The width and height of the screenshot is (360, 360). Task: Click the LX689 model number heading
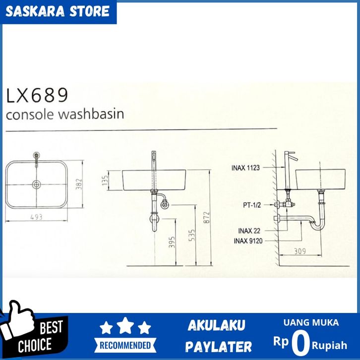[x=37, y=95]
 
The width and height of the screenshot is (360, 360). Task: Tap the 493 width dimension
[x=37, y=217]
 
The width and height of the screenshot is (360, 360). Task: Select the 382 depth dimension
[x=79, y=184]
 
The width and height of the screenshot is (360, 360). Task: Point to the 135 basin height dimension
[x=105, y=180]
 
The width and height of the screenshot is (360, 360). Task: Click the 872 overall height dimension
[x=206, y=217]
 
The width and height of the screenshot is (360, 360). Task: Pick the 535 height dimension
[x=191, y=235]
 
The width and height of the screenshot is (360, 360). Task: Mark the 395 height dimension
[x=172, y=242]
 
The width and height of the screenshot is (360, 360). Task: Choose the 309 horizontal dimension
[x=300, y=251]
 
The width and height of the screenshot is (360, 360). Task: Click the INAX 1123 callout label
[x=245, y=168]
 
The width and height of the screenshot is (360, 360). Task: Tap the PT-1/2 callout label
[x=252, y=205]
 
